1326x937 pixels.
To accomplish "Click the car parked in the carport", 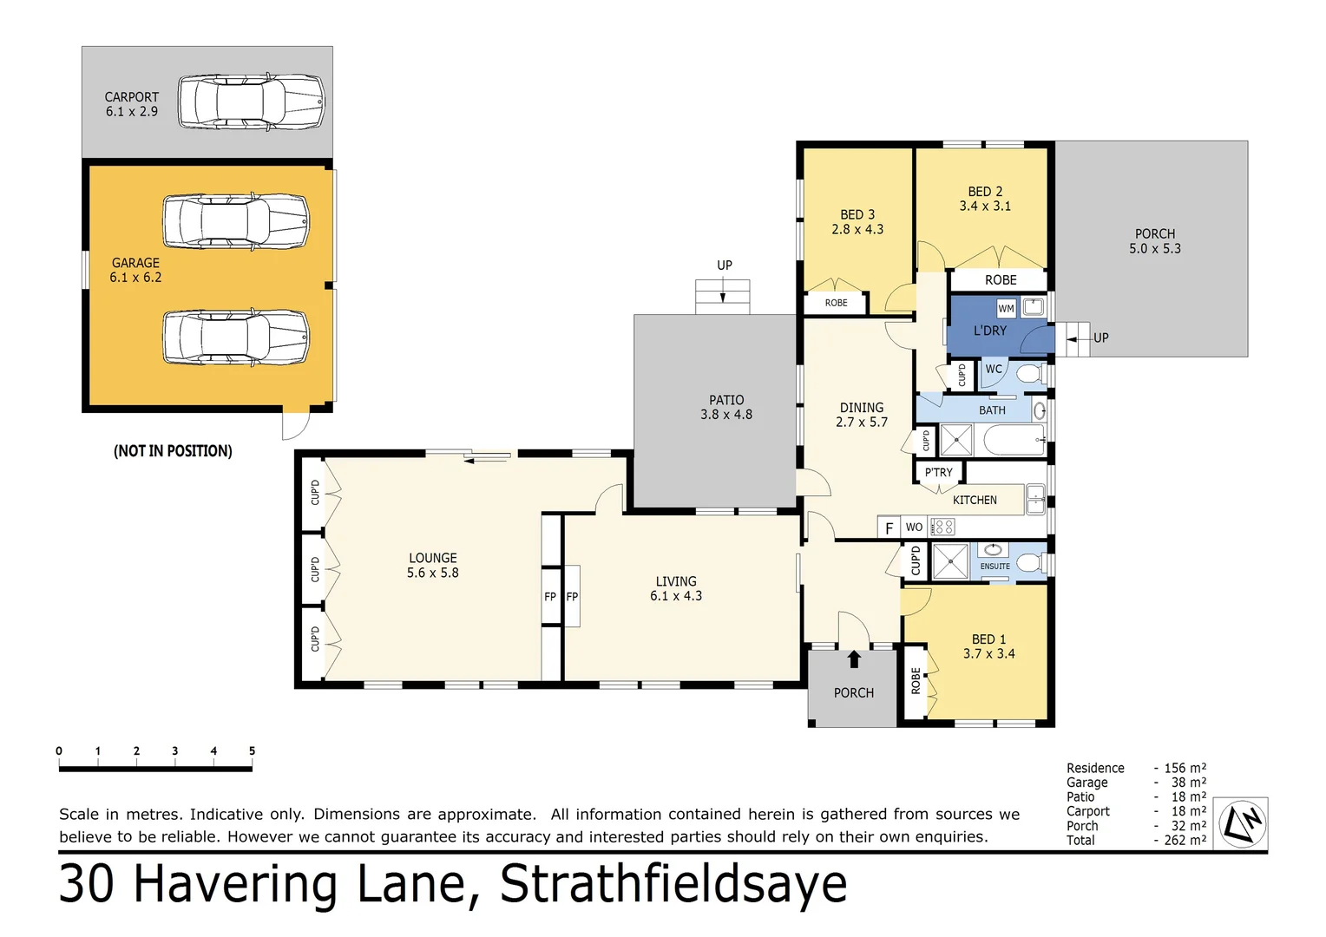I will (x=251, y=102).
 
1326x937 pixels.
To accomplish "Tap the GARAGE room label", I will (x=135, y=270).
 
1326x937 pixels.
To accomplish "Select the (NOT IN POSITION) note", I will (x=173, y=451).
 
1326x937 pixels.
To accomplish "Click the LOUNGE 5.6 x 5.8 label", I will (x=432, y=566).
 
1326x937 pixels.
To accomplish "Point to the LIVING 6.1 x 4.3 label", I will (x=676, y=588).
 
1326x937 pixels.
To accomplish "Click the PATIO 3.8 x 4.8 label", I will (x=726, y=408).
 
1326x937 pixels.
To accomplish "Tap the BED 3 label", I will (x=857, y=222).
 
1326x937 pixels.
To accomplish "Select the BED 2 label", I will (x=985, y=199).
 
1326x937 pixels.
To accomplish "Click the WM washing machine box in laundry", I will (x=1006, y=308).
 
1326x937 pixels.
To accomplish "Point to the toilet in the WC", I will (x=1029, y=374).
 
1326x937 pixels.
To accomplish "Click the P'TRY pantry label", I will (x=938, y=473).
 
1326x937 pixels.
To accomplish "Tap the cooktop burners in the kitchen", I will (x=942, y=527).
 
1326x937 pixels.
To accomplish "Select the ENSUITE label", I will (x=994, y=567).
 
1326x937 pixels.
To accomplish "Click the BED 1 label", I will (x=988, y=646).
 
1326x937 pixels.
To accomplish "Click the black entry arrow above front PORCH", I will (x=854, y=659).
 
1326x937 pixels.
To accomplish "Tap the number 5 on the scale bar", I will (x=252, y=751).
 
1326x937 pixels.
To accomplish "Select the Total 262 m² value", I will (x=1185, y=840).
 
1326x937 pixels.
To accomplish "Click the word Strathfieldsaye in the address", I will (x=673, y=884).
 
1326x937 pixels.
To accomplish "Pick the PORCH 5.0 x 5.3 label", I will (x=1154, y=241).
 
